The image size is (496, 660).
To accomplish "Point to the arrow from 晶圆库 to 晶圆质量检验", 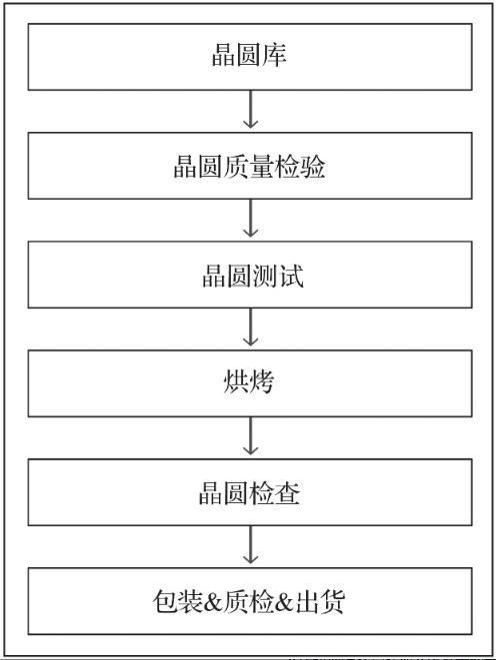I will pyautogui.click(x=250, y=111).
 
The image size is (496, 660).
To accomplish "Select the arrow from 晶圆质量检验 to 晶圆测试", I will pyautogui.click(x=250, y=221).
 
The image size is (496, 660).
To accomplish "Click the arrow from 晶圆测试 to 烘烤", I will pyautogui.click(x=250, y=330).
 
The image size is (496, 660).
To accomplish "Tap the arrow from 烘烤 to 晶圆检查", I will pyautogui.click(x=250, y=438).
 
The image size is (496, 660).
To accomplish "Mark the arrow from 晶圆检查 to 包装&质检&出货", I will pyautogui.click(x=250, y=547).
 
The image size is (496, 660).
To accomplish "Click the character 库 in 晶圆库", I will pyautogui.click(x=275, y=56).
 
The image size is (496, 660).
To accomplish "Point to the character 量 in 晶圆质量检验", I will pyautogui.click(x=261, y=166).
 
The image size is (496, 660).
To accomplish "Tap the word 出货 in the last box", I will pyautogui.click(x=323, y=602).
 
